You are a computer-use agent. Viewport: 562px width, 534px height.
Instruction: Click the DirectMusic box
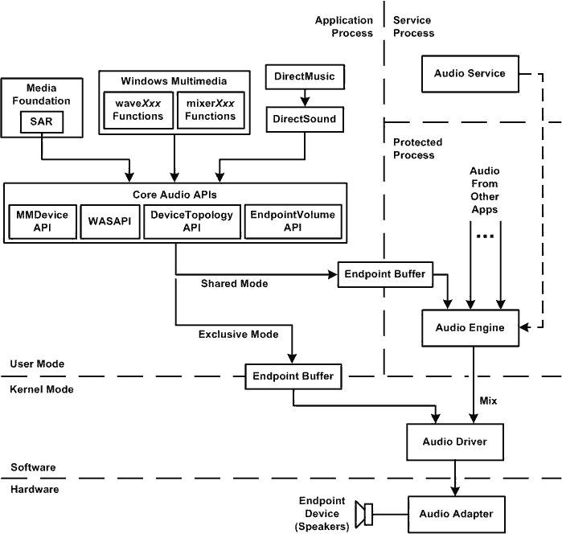[x=305, y=76]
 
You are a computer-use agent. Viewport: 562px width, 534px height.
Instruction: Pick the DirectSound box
[x=305, y=120]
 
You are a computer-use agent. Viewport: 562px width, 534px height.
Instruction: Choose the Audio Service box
[x=470, y=73]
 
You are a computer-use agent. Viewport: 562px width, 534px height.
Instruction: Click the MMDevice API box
[x=42, y=222]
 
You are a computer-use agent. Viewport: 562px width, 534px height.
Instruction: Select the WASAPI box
[x=109, y=222]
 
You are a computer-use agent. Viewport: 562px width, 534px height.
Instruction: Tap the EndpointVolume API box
[x=293, y=222]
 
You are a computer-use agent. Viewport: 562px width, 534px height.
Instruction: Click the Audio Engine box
[x=470, y=328]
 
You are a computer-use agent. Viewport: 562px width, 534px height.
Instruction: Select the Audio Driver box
[x=455, y=442]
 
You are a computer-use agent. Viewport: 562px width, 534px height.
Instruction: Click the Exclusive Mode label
[x=239, y=334]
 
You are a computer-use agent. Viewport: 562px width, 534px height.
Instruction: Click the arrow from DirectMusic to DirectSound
[x=305, y=98]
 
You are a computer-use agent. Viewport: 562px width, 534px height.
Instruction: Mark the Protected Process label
[x=417, y=148]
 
